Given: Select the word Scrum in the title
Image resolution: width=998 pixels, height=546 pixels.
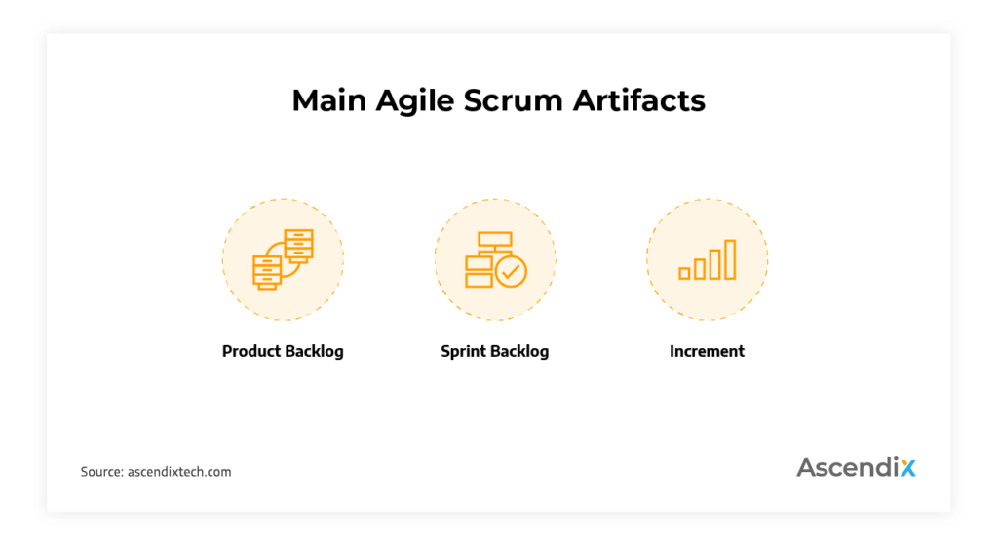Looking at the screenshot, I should [x=518, y=100].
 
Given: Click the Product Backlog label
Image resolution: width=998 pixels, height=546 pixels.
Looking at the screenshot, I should [x=283, y=351].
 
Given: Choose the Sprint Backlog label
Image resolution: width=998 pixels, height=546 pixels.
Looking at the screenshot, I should [x=494, y=351].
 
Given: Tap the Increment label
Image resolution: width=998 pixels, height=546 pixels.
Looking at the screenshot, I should [x=707, y=351].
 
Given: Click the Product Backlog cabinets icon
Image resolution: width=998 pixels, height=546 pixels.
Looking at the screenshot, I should [x=283, y=259].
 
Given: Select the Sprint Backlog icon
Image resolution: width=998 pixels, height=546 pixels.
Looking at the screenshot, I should [x=495, y=259].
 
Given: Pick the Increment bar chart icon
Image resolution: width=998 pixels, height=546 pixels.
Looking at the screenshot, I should [x=708, y=260].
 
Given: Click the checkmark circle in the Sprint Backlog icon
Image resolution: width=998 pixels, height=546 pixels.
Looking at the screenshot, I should [x=511, y=271].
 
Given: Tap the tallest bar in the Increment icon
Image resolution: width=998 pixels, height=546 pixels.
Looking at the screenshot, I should [x=729, y=259].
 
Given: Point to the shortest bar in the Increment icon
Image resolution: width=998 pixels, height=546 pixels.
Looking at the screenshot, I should [x=684, y=274].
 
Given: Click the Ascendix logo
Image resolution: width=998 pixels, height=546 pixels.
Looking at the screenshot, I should [x=856, y=467].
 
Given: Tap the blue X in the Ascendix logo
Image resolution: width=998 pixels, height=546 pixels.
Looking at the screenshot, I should [x=907, y=467].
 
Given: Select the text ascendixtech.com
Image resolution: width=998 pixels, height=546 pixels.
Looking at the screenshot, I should [x=179, y=472].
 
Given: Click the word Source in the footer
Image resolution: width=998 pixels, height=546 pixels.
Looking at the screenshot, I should [x=101, y=472].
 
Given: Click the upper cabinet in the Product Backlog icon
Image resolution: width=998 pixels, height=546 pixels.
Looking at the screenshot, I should [x=298, y=245].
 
